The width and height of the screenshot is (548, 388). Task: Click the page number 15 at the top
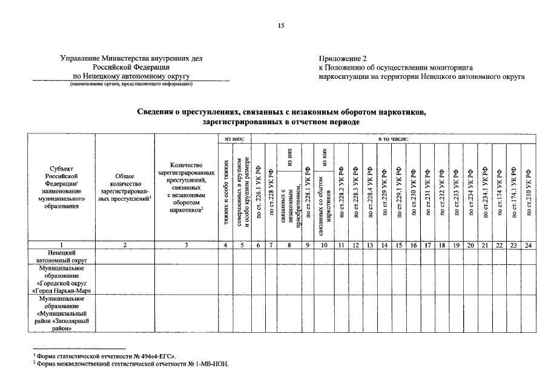280,25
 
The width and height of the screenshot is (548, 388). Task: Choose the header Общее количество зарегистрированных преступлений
124,188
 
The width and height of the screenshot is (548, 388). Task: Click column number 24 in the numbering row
529,244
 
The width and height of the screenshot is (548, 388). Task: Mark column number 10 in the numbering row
323,244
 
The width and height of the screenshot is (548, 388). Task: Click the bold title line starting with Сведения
282,112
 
